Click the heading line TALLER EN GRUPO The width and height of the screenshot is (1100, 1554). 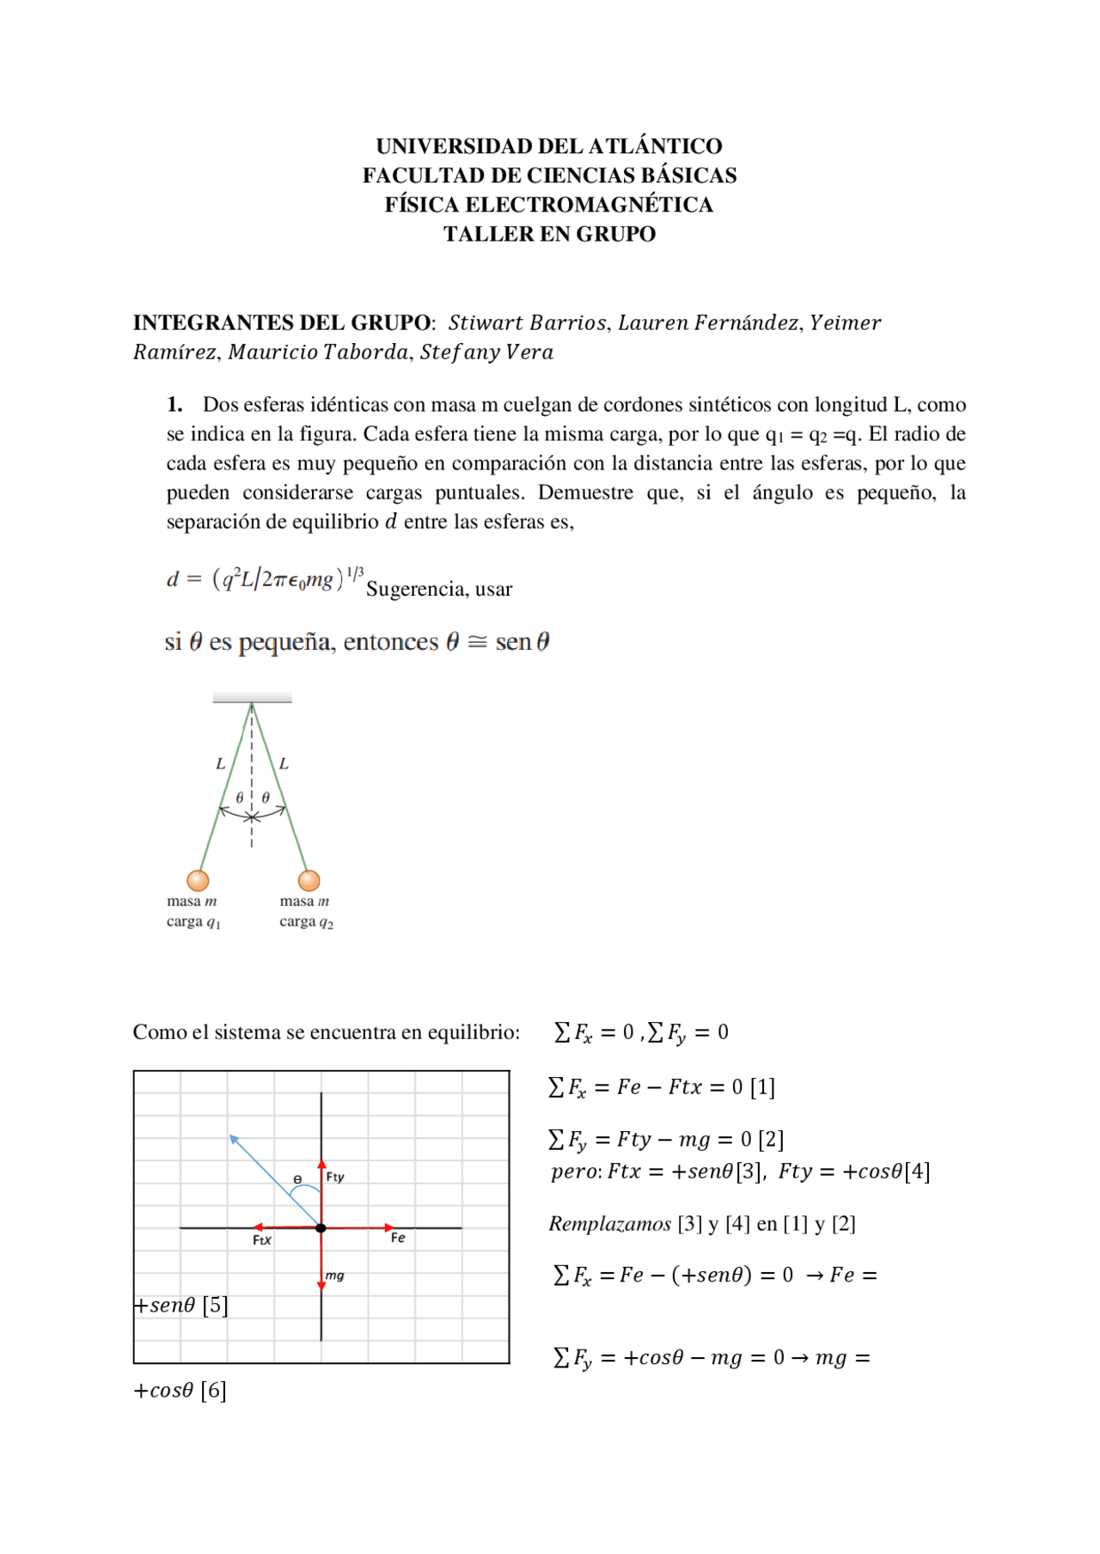coord(549,234)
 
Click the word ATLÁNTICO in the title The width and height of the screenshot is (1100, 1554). coord(655,146)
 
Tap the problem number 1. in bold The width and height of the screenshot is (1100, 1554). coord(174,405)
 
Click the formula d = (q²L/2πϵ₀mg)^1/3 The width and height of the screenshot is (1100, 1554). coord(265,579)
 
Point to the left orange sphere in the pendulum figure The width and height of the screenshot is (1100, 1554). coord(199,880)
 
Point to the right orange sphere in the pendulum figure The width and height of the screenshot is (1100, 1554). coord(309,880)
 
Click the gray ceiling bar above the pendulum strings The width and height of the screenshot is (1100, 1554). coord(252,698)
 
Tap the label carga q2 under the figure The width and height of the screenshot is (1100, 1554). coord(306,922)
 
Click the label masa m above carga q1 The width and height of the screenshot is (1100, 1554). coord(192,902)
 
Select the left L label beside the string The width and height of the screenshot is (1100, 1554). coord(221,763)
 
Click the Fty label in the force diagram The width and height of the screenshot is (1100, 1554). coord(335,1177)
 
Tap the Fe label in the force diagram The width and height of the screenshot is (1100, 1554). coord(398,1238)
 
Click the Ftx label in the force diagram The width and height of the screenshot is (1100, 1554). coord(262,1240)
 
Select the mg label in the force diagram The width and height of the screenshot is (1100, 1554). coord(335,1276)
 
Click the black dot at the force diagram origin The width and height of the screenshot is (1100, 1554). coord(321,1228)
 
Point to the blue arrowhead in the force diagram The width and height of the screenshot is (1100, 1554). coord(234,1140)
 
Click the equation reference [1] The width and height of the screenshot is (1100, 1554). coord(762,1088)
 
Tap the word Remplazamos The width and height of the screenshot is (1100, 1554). coord(609,1224)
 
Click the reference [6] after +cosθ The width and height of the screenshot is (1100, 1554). coord(213,1391)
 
